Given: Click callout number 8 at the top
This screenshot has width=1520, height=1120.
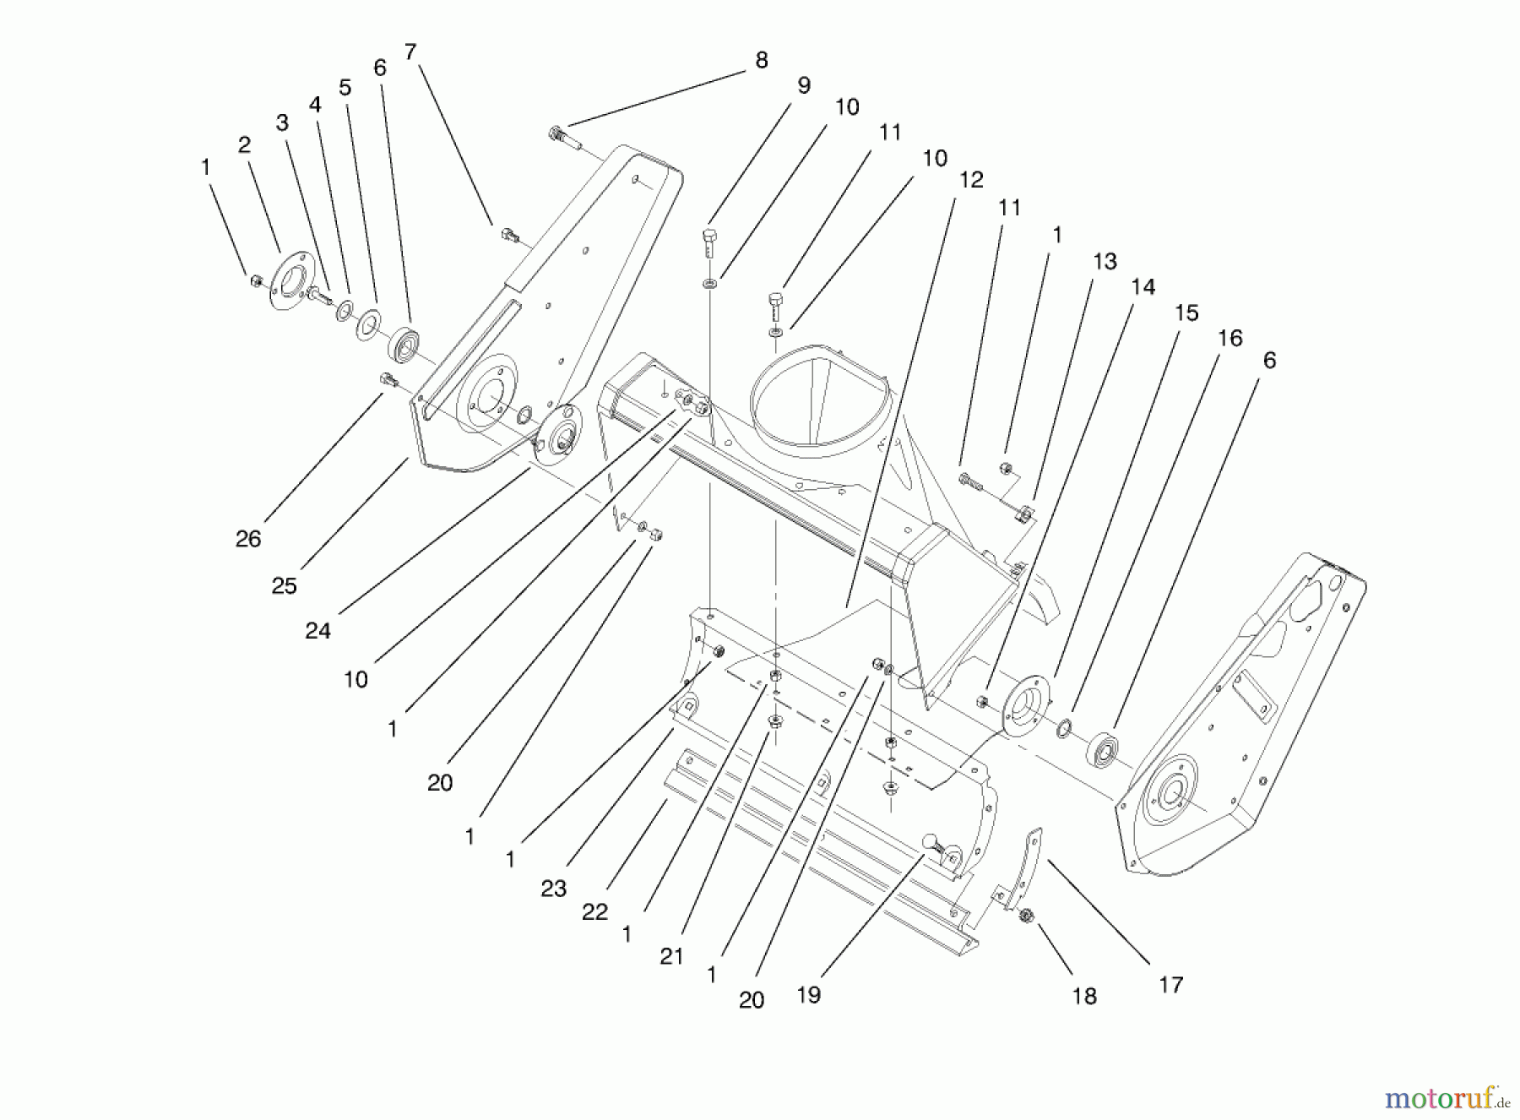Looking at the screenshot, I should click(x=761, y=60).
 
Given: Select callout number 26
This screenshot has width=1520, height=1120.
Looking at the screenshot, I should click(x=247, y=539).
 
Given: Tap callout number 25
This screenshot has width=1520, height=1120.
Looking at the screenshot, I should click(x=284, y=585).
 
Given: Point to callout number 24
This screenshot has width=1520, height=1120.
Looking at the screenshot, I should click(x=318, y=630).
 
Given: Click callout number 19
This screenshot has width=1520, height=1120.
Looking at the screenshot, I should click(x=808, y=995).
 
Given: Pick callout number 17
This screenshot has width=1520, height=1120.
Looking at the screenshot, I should click(x=1170, y=984).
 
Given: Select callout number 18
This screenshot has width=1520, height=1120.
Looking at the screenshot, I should click(x=1083, y=996).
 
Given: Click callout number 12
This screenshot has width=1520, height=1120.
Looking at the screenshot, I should click(x=971, y=180).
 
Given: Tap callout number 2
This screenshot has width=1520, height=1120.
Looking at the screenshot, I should click(x=244, y=144).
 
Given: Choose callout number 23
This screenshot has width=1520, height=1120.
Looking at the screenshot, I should click(x=553, y=889).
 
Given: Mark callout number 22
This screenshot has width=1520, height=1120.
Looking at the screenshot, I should click(x=594, y=912).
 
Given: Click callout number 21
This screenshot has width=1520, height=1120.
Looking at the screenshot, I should click(x=671, y=957).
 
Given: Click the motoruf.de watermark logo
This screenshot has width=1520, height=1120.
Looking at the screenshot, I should click(x=1445, y=1098).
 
